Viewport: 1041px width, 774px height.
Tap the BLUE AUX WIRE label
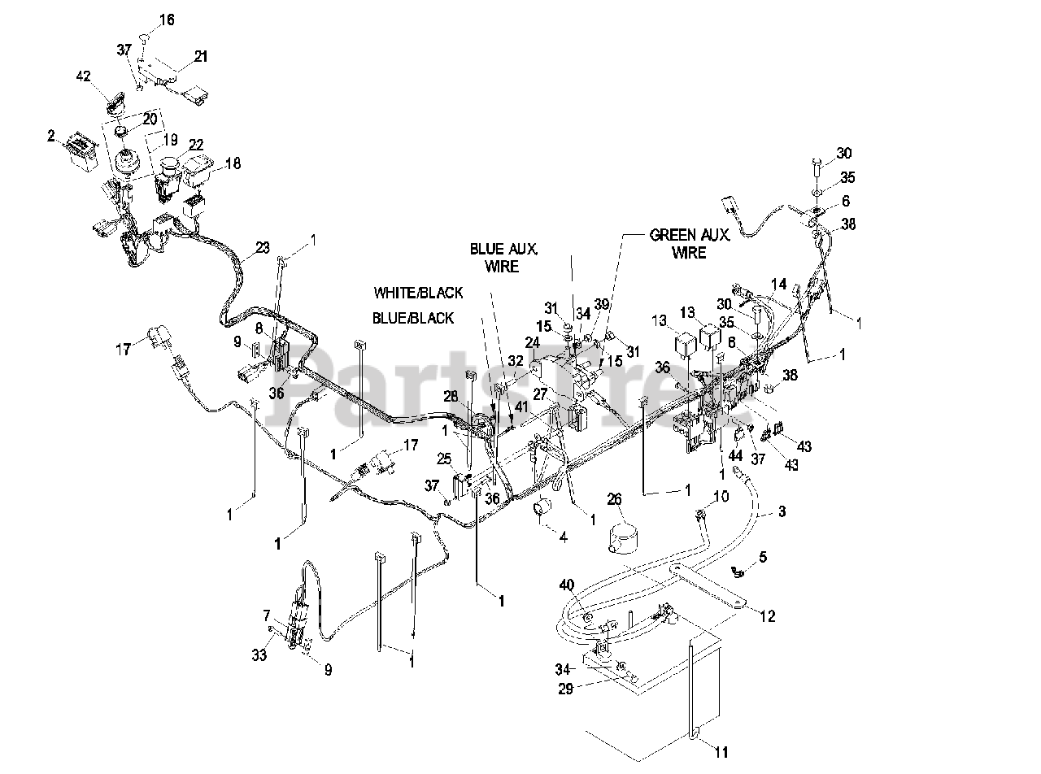point(504,258)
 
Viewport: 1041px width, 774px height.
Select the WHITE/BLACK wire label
point(418,292)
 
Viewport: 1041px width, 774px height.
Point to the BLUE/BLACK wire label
point(413,318)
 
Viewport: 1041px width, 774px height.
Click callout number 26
point(614,498)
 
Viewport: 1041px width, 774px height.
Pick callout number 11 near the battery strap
point(721,752)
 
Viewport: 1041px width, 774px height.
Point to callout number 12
point(768,616)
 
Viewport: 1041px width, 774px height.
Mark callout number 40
point(567,585)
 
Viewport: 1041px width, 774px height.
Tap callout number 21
point(200,56)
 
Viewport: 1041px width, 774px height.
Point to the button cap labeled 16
point(143,37)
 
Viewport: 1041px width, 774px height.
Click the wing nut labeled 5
point(738,572)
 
